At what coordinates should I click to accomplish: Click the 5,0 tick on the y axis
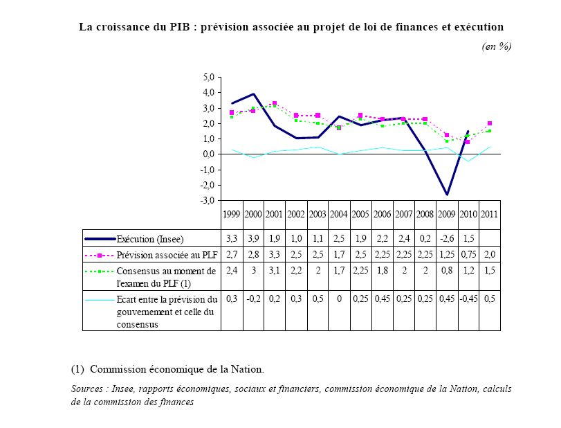207,77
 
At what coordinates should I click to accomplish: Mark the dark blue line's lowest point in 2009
447,195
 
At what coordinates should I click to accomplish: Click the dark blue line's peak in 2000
254,94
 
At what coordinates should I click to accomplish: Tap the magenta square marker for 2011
490,123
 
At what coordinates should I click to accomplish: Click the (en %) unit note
496,46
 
